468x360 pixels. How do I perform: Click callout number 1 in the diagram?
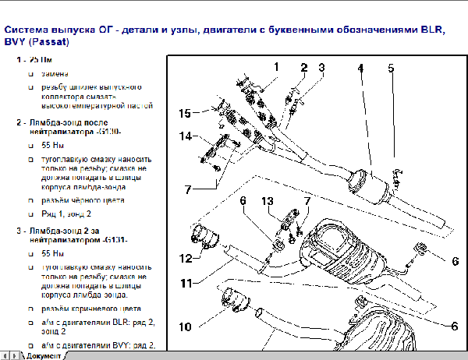coord(276,68)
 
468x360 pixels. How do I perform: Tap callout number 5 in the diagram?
coord(392,68)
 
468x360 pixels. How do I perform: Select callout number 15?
coord(184,114)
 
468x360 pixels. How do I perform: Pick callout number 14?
coord(184,137)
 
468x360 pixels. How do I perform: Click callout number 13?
coord(268,202)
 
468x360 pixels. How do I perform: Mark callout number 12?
coord(185,258)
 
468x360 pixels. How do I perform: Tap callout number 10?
coord(184,326)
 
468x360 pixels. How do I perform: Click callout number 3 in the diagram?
coord(321,68)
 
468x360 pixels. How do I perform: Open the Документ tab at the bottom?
coord(43,355)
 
